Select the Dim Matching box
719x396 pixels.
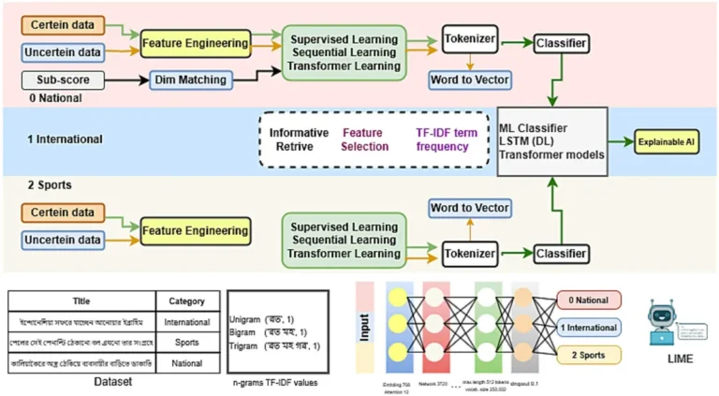(x=190, y=81)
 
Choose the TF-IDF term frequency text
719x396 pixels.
(x=447, y=140)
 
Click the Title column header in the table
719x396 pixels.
(x=81, y=301)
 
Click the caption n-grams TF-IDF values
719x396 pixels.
(x=279, y=383)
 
